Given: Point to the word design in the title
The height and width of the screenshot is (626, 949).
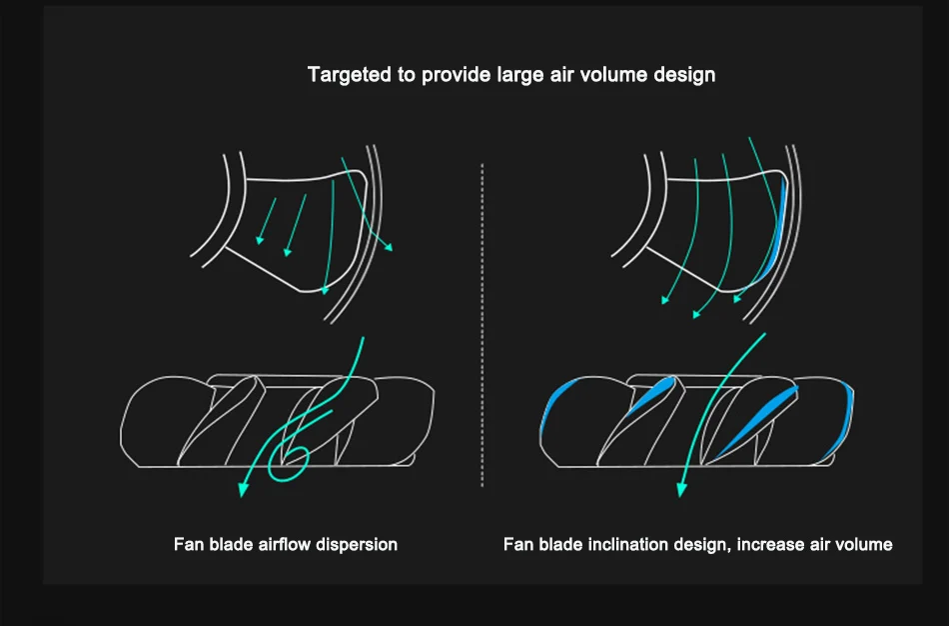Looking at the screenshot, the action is [x=685, y=75].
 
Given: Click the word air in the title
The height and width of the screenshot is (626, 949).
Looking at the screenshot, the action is [x=561, y=75].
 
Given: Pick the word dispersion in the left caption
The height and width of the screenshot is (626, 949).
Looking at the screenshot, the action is [x=358, y=545].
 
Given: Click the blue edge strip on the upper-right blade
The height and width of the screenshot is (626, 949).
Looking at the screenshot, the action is [x=778, y=230].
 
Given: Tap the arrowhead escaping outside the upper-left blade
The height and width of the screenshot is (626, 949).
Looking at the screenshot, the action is [x=389, y=247].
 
